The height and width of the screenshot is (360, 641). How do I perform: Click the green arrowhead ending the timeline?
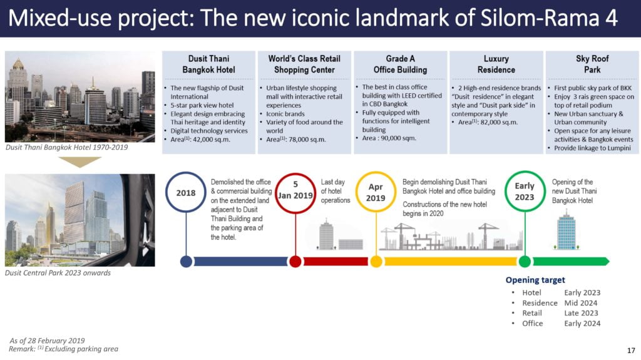pos(607,261)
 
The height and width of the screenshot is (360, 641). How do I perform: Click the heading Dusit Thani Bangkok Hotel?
pos(208,64)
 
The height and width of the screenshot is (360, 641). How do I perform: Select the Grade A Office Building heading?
pos(400,64)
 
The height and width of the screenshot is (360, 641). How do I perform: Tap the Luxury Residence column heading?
pos(496,64)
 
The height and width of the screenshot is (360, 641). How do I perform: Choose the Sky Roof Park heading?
pos(592,64)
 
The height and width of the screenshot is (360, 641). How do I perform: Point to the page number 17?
pos(631,351)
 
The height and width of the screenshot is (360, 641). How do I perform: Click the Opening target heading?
pos(535,280)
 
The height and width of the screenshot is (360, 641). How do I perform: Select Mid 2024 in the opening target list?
pos(580,303)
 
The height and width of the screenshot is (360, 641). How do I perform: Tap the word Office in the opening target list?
pos(532,324)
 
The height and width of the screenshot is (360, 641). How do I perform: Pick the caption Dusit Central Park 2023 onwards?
pos(58,273)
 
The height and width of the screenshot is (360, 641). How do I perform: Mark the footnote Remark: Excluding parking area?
pos(63,349)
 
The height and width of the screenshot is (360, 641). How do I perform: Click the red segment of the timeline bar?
pos(336,262)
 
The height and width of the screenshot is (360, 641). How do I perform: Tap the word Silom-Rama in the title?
pos(538,18)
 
